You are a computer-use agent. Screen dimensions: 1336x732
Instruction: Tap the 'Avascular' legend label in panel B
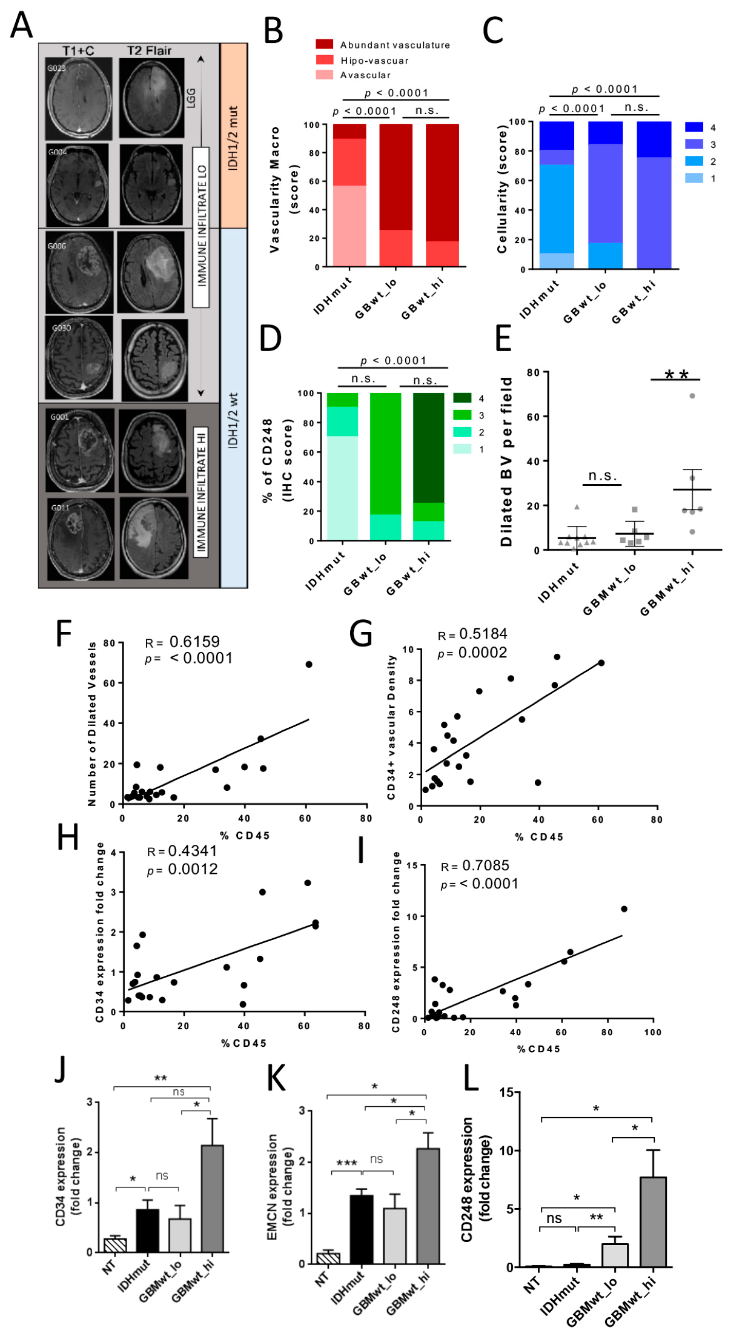pos(365,75)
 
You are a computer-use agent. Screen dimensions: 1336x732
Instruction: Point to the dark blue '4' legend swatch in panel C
pos(694,127)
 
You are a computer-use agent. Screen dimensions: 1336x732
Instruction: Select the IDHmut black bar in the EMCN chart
pos(361,1229)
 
